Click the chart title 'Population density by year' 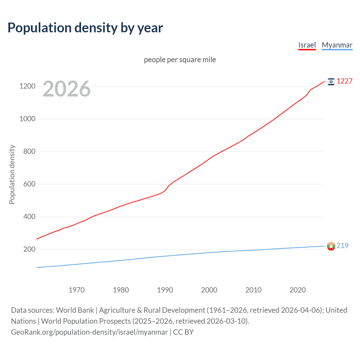click(85, 28)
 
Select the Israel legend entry click(307, 45)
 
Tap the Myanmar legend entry click(337, 45)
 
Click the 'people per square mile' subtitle click(180, 60)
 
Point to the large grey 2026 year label click(67, 89)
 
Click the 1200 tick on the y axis click(27, 86)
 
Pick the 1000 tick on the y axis click(27, 119)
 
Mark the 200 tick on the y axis click(29, 249)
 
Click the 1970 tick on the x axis click(76, 290)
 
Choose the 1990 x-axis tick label click(165, 290)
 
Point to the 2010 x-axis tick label click(253, 290)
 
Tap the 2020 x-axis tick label click(298, 290)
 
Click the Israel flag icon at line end click(331, 82)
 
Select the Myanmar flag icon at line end click(331, 246)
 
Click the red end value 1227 click(345, 81)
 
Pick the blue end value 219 click(342, 246)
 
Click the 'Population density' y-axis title click(12, 174)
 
